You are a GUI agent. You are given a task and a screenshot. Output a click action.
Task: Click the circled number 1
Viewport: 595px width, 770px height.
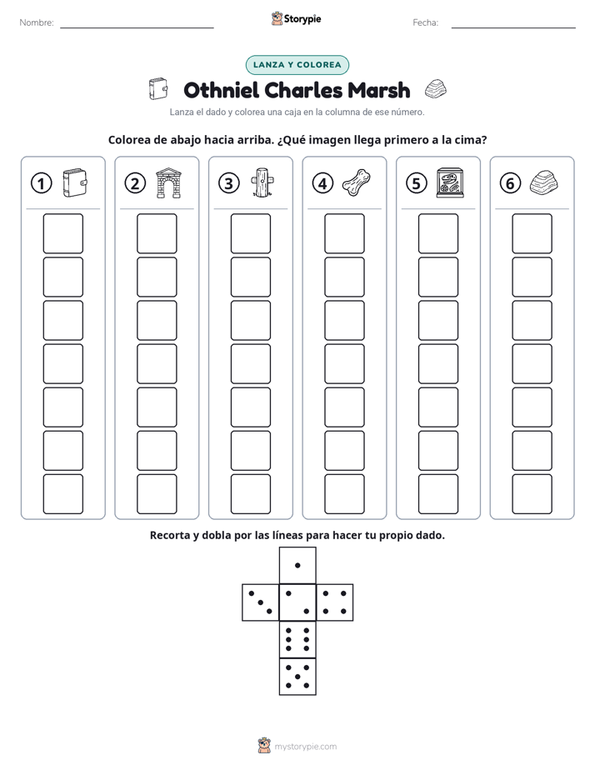(x=41, y=183)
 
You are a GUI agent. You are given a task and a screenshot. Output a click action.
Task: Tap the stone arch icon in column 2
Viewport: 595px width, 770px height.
(x=168, y=183)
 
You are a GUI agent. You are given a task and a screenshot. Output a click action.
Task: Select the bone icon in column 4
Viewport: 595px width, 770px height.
(x=357, y=182)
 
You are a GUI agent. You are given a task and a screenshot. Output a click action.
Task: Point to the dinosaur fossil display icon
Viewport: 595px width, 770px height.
(x=450, y=183)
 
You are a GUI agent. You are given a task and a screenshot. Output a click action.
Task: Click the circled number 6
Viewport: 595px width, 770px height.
(x=510, y=183)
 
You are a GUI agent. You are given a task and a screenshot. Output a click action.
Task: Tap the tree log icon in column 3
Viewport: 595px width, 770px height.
(x=262, y=182)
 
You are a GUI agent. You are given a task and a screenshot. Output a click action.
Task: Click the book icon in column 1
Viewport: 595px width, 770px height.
(x=75, y=183)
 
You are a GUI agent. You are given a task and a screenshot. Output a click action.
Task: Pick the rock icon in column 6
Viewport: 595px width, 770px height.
(x=544, y=182)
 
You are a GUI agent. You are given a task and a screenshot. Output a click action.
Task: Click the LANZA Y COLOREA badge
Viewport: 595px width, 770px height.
(x=297, y=65)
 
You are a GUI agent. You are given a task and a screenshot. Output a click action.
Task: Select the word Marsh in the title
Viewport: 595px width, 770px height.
(x=378, y=90)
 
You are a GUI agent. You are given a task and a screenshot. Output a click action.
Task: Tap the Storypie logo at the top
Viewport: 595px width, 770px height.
(x=297, y=19)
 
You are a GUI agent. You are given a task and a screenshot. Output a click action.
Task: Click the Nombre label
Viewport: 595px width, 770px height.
(x=37, y=22)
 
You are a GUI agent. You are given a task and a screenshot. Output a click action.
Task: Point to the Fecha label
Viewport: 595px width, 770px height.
(x=425, y=22)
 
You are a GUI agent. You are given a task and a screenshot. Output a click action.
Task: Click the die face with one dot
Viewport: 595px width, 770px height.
(x=297, y=565)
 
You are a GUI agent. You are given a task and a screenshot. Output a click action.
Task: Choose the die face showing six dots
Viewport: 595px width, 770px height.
(x=297, y=639)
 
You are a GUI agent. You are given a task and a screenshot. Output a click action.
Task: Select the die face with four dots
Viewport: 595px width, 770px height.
(x=335, y=602)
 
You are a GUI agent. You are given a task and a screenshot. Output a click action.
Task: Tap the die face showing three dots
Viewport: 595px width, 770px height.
(x=260, y=602)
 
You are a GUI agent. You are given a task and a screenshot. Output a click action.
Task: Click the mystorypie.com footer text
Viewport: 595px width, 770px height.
(x=305, y=747)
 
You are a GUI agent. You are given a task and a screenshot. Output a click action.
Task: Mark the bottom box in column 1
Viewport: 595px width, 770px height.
(x=62, y=494)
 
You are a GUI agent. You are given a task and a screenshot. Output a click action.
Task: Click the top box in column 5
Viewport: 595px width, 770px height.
(x=438, y=233)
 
